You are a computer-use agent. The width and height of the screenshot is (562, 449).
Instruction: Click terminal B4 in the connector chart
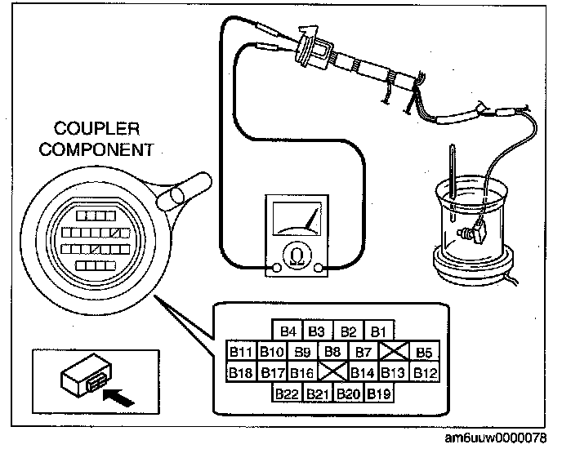pos(288,331)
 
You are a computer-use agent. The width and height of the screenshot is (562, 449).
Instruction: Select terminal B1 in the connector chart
pos(377,331)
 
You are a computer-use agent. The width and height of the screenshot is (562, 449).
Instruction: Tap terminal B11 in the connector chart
pos(242,352)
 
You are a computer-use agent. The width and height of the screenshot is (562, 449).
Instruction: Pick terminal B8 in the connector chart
pos(332,352)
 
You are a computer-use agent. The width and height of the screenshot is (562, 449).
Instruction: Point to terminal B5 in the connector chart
pos(423,352)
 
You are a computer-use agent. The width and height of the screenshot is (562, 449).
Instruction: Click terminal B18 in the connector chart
pos(242,373)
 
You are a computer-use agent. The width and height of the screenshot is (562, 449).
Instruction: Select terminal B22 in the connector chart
pos(288,393)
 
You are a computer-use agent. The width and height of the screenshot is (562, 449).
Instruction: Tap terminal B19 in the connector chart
pos(377,393)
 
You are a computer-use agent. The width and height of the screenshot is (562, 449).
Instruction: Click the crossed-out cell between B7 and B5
pos(393,352)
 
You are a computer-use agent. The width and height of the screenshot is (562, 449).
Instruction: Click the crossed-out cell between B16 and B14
pos(332,373)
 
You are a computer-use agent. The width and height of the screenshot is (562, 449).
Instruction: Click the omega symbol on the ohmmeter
pos(295,258)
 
